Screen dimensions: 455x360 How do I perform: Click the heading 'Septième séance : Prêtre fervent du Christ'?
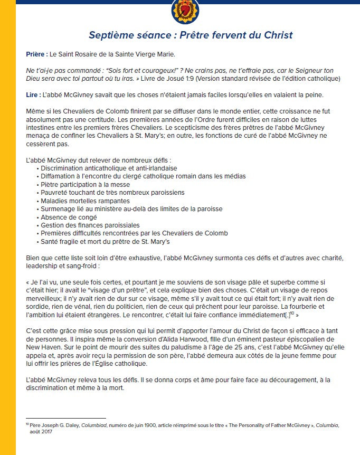[x=191, y=35]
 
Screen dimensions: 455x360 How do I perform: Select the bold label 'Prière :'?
[x=36, y=54]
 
